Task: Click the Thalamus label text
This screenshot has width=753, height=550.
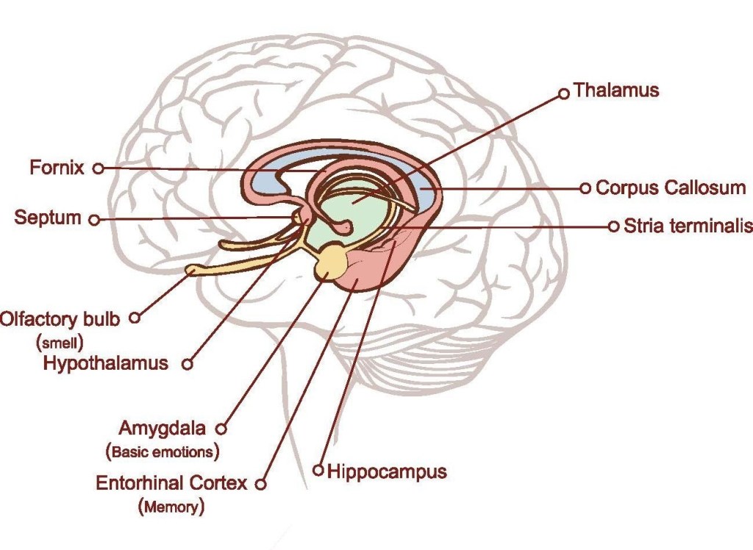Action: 616,90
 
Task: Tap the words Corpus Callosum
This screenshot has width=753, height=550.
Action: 670,187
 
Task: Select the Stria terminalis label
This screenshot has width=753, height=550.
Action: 688,226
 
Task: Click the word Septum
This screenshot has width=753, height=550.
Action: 48,218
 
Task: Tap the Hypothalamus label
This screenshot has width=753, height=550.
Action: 106,362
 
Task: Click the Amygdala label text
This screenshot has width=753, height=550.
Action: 163,428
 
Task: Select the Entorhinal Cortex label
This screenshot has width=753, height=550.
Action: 171,483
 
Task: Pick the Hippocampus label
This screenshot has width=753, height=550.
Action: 387,471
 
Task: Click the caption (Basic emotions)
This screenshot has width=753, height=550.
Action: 163,450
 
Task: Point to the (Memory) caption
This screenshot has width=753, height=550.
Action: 171,506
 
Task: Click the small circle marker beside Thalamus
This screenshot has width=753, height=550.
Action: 564,93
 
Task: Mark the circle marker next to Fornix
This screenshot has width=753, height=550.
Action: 98,168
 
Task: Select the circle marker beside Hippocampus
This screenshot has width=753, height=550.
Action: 318,469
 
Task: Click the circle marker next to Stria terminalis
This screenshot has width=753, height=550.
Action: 614,226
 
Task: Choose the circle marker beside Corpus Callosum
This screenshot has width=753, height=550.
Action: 585,188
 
